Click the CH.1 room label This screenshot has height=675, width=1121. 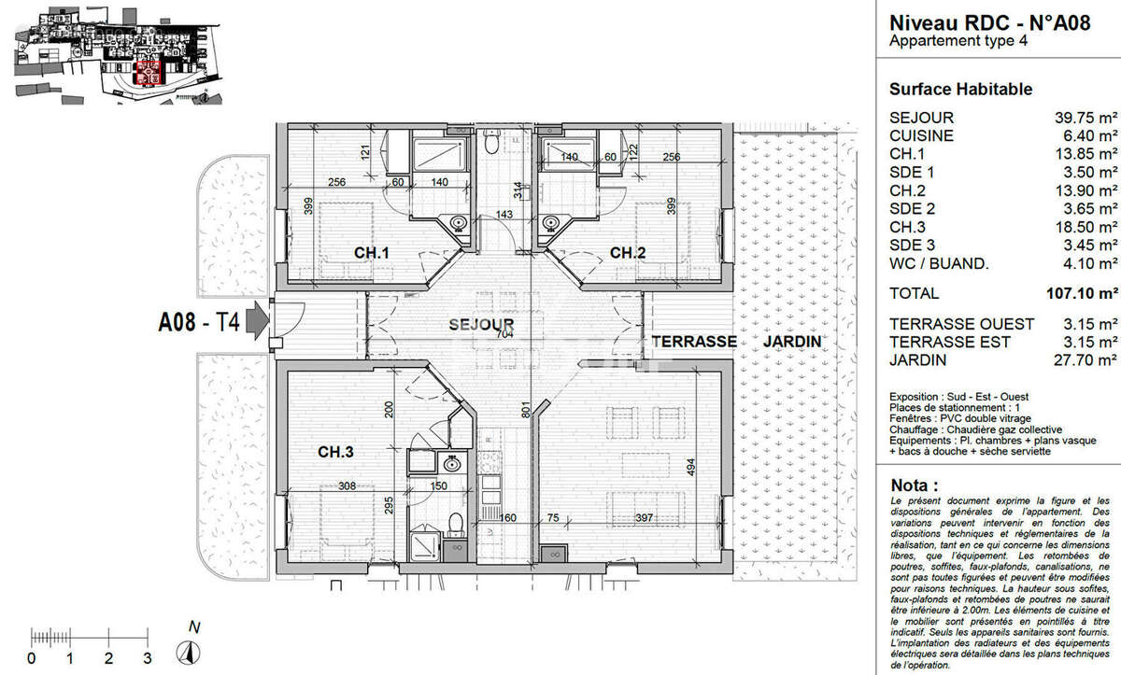(371, 252)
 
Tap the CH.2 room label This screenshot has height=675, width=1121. (628, 252)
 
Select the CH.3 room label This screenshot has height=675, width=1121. (335, 453)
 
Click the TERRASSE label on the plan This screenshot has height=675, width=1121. (694, 342)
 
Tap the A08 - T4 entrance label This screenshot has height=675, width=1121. (199, 324)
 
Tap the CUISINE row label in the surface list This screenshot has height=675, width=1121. (921, 135)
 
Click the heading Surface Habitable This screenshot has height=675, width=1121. (960, 90)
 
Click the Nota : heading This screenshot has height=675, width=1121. (915, 486)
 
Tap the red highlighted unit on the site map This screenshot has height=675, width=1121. (148, 73)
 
